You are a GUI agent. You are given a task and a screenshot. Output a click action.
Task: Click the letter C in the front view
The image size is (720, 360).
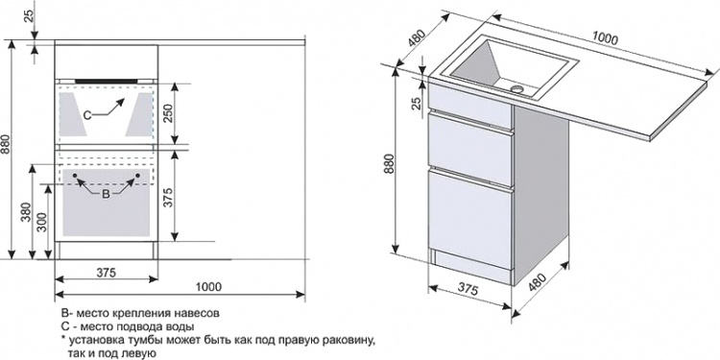point(86,115)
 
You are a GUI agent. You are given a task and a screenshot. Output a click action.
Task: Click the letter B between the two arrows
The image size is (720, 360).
point(106,194)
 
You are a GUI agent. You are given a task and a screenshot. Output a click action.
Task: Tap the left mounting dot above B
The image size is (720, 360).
point(75,176)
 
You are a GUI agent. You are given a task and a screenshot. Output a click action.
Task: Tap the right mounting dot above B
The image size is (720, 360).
point(137,176)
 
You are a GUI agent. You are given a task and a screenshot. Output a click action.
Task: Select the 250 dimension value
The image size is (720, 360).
point(168,113)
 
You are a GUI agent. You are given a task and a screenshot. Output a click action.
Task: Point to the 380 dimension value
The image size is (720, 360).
point(26,212)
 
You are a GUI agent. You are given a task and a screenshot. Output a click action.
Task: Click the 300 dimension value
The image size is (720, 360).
point(42,223)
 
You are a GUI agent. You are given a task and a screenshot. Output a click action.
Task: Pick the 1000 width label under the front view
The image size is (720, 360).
point(208,287)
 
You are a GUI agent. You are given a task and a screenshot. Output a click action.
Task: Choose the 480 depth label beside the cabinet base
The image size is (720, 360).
point(537,282)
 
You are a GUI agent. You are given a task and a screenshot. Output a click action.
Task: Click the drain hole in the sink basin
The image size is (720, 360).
point(517,87)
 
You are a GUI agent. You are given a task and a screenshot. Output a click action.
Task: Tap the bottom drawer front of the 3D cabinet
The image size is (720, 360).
point(470,219)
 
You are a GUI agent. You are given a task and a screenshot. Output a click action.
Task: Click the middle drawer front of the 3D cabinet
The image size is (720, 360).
point(470,150)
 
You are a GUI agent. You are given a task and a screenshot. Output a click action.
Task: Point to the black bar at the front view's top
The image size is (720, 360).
point(106,81)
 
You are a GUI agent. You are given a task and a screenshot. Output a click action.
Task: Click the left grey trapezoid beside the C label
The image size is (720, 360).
point(73,114)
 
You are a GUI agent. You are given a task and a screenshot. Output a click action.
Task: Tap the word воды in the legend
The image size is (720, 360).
point(182,327)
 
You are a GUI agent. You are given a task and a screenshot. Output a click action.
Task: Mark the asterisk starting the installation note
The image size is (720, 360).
point(64,340)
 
